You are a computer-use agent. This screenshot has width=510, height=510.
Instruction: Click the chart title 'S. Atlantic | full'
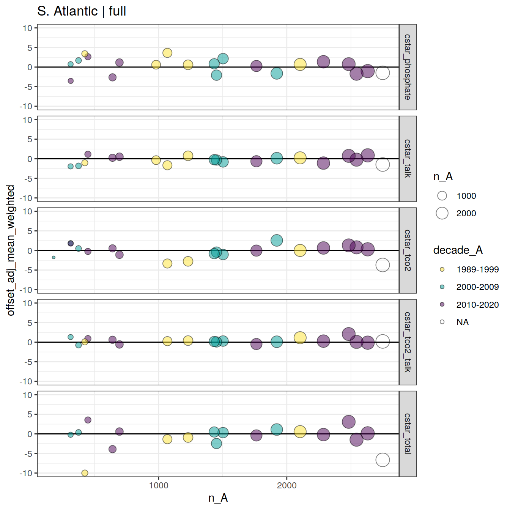(82, 11)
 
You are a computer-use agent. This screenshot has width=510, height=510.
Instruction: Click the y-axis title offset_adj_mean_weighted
(11, 250)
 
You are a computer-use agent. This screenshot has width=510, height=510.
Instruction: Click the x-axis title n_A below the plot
(218, 498)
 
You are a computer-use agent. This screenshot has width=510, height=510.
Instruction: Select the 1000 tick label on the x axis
(158, 485)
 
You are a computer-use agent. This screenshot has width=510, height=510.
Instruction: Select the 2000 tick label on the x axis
(286, 485)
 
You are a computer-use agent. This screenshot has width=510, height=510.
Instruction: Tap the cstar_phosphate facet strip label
(408, 67)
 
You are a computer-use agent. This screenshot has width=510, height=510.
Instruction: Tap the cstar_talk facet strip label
(408, 159)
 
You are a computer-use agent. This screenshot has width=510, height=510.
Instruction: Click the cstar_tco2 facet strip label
(408, 250)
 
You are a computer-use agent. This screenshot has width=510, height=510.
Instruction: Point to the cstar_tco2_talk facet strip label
(408, 342)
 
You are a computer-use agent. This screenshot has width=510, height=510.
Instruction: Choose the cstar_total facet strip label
(408, 434)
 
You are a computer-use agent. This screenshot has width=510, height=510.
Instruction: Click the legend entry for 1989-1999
(477, 269)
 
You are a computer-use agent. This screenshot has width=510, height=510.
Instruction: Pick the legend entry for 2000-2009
(477, 287)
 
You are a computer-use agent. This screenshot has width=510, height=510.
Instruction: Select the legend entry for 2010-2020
(477, 304)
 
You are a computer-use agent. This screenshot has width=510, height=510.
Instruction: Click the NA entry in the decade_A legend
(462, 322)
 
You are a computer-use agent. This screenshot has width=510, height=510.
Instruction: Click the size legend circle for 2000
(442, 213)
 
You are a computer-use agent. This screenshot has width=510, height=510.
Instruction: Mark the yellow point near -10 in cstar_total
(85, 473)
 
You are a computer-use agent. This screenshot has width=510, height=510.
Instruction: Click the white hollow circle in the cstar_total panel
(382, 460)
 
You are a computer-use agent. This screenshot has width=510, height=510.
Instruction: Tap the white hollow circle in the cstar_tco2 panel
(382, 265)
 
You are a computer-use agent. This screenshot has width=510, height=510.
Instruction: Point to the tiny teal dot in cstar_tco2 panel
(54, 257)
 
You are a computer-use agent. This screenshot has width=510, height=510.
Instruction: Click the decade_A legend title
(458, 250)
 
